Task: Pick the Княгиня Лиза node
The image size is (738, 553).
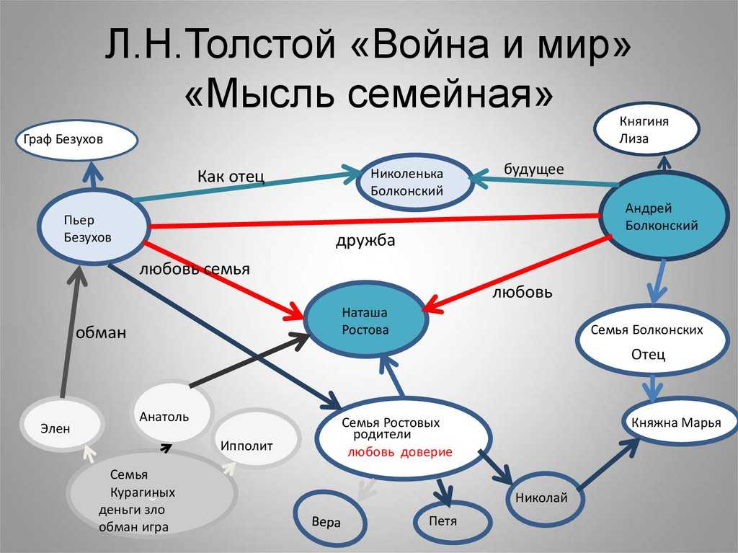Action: (646, 130)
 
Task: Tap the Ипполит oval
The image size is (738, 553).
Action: (247, 444)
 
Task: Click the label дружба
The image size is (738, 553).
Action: (365, 241)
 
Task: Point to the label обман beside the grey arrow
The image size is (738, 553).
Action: (101, 332)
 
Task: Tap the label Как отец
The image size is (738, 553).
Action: (231, 177)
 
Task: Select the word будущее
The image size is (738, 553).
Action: (534, 169)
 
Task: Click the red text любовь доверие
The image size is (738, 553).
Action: (399, 452)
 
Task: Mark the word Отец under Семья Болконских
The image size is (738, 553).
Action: (648, 355)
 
